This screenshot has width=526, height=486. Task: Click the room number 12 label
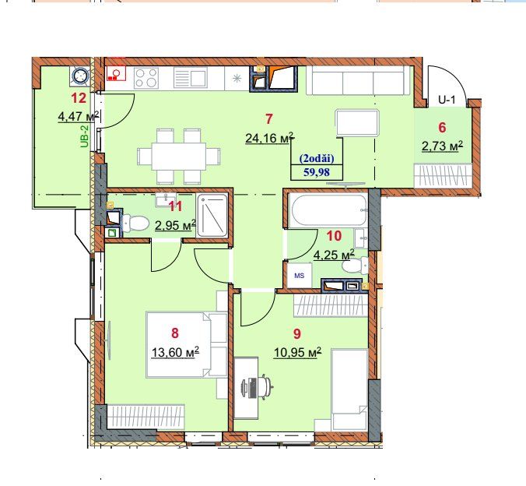[79, 98]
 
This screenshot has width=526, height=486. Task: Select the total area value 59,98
[317, 172]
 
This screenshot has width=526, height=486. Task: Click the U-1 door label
[447, 100]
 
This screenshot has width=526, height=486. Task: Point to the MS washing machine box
[300, 276]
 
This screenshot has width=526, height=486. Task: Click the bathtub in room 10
[328, 210]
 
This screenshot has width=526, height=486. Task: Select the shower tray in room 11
[212, 215]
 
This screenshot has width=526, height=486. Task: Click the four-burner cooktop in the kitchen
[146, 78]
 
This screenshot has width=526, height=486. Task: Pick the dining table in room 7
[179, 157]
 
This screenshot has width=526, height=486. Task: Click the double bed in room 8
[187, 344]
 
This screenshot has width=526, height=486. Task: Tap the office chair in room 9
[262, 387]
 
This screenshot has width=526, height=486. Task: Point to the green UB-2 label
[84, 136]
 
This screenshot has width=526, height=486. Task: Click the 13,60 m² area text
[175, 352]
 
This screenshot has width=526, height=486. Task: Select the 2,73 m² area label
[442, 146]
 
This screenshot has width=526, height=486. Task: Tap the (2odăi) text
[317, 158]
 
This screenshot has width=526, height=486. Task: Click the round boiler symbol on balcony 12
[80, 76]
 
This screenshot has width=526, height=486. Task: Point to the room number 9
[297, 333]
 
